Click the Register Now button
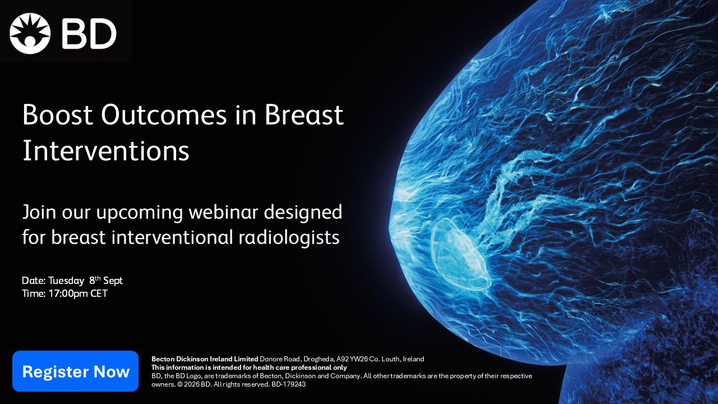[75, 371]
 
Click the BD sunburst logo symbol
[30, 33]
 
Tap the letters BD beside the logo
[89, 34]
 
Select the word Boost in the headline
[58, 115]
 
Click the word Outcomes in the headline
[164, 115]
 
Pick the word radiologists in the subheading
[289, 237]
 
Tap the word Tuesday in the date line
[66, 281]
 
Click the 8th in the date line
[95, 280]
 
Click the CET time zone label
[99, 293]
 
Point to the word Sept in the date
[113, 281]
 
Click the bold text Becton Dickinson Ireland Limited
[205, 359]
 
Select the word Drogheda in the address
[319, 359]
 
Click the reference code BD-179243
[288, 384]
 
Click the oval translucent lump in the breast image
[460, 254]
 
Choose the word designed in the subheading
[303, 213]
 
